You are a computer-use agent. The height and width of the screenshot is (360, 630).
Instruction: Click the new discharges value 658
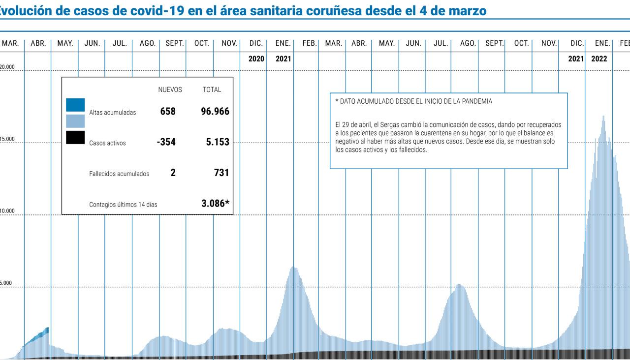point(168,111)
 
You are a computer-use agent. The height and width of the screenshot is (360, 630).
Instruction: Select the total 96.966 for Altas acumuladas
point(215,111)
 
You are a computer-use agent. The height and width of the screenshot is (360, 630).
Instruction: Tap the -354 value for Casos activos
point(166,142)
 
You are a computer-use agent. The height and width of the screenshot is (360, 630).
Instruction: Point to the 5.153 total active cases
point(218,142)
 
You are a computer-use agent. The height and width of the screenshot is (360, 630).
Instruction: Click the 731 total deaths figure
point(221,173)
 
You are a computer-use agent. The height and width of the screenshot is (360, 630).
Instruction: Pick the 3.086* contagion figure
point(216,203)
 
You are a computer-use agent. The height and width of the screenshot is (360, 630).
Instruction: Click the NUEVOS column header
point(170,90)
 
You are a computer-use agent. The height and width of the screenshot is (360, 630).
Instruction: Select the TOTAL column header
point(212,90)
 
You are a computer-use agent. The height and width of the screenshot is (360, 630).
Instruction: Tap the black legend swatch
point(75,137)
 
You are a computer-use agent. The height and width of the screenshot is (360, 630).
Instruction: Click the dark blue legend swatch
point(75,105)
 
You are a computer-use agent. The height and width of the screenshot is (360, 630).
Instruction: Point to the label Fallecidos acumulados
point(119,174)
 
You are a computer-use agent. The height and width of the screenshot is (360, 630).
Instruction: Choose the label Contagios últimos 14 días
point(123,204)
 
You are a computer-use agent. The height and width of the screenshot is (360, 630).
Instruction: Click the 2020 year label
point(256,59)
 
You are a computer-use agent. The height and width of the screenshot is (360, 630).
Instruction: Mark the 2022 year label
point(599,59)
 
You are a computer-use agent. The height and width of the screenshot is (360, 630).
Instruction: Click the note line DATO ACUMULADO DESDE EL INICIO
point(413,101)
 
